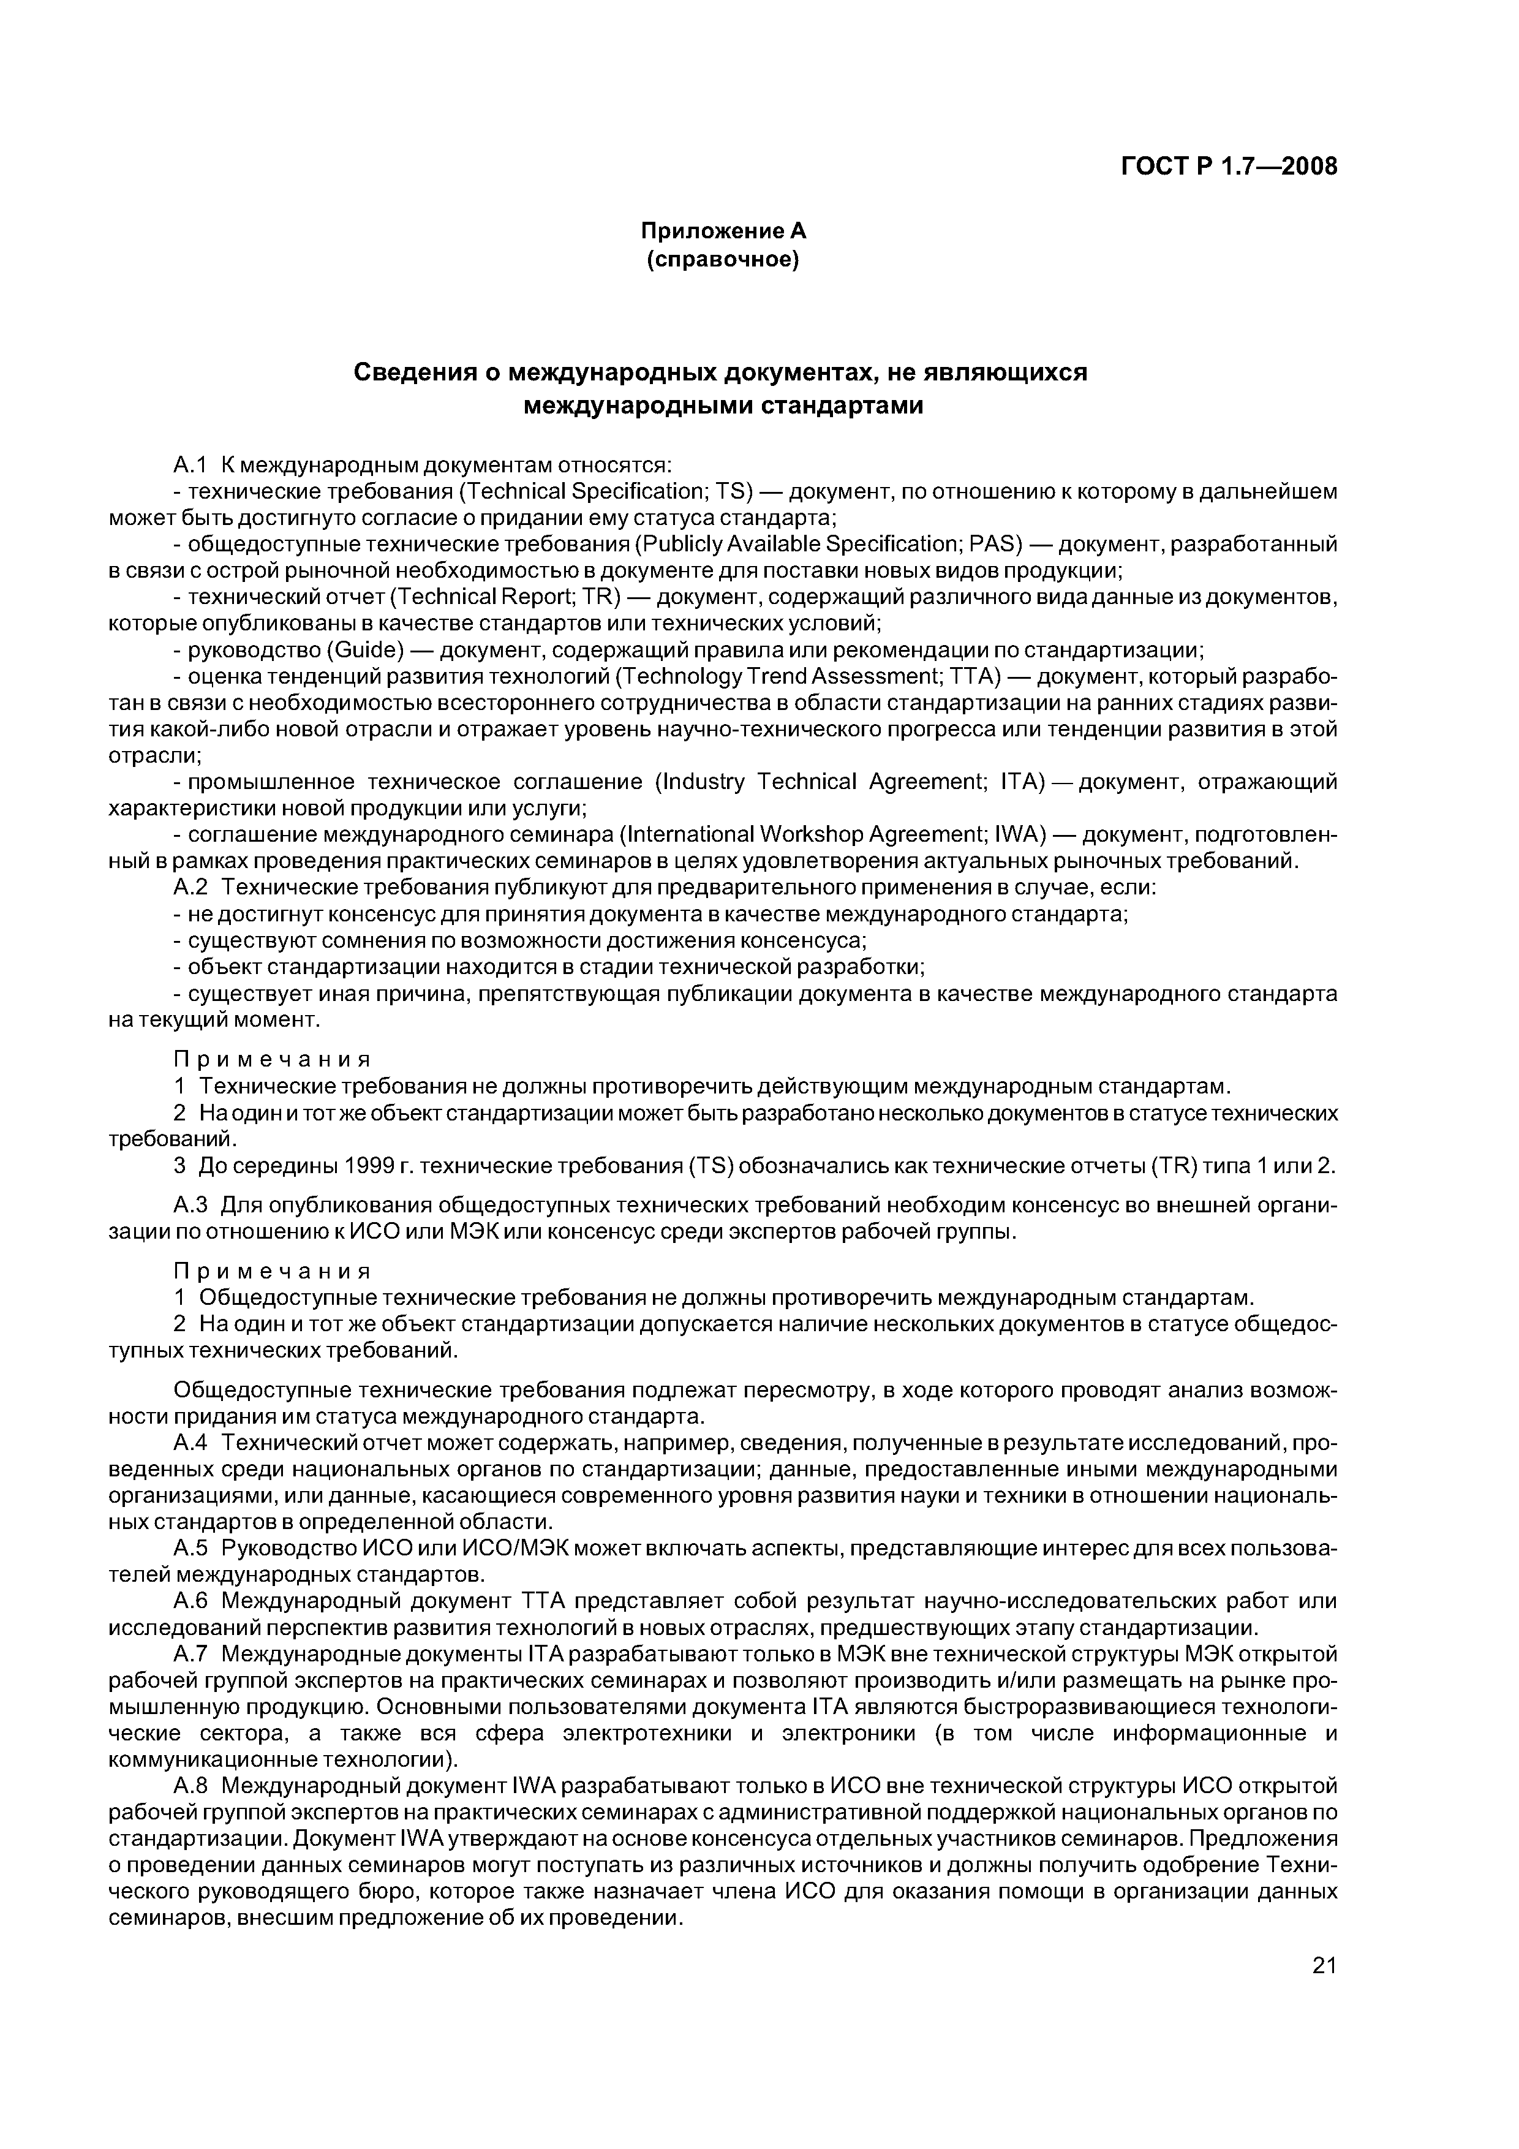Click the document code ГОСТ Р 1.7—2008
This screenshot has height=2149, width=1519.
point(1228,167)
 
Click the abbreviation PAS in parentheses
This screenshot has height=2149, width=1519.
point(993,544)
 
